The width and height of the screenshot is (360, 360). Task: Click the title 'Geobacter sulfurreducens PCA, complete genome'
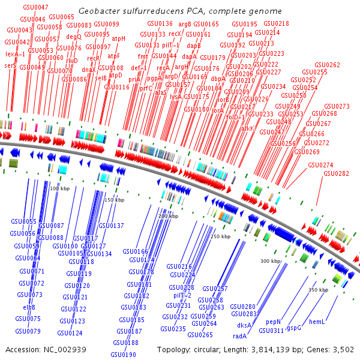click(x=180, y=10)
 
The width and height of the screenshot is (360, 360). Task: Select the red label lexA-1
click(x=16, y=54)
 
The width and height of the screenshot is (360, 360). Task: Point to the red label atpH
click(x=119, y=38)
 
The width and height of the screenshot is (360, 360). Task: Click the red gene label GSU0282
click(x=336, y=173)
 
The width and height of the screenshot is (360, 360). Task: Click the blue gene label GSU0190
click(x=124, y=355)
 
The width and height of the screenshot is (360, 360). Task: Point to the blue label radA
click(x=240, y=335)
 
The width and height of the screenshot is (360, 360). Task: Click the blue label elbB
click(x=29, y=307)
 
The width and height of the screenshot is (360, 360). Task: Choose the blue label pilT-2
click(x=182, y=295)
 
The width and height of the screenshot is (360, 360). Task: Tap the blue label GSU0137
click(x=111, y=226)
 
